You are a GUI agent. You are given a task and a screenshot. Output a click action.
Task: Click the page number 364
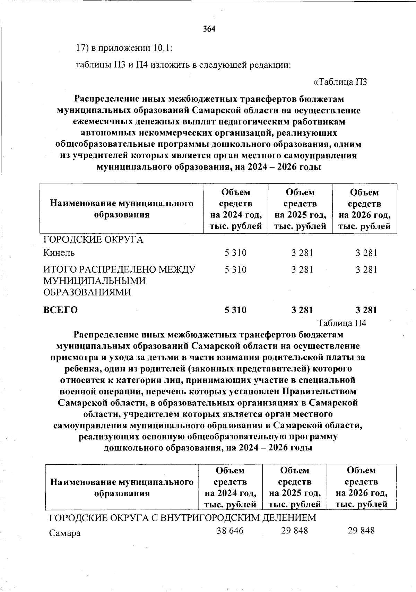(x=209, y=29)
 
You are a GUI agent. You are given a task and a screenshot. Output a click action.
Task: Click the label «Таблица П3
(x=340, y=82)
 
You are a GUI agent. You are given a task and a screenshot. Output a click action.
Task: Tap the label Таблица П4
(x=342, y=323)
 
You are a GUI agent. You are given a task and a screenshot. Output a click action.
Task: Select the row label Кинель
(x=59, y=253)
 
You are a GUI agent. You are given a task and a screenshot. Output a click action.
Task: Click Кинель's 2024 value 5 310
(x=235, y=253)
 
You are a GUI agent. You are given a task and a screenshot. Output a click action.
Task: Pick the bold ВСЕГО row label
(x=61, y=310)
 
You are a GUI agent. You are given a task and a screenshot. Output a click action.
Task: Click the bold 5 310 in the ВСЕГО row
(x=235, y=310)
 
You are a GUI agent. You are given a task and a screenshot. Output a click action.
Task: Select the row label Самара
(x=65, y=533)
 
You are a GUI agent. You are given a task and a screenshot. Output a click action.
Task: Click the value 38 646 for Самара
(x=230, y=531)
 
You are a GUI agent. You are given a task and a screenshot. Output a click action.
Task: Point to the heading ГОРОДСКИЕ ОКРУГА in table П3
(x=93, y=240)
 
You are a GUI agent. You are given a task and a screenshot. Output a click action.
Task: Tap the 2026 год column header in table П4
(x=361, y=487)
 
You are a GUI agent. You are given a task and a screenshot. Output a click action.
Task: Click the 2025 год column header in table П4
(x=295, y=487)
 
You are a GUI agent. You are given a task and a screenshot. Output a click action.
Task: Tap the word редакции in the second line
(x=270, y=65)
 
